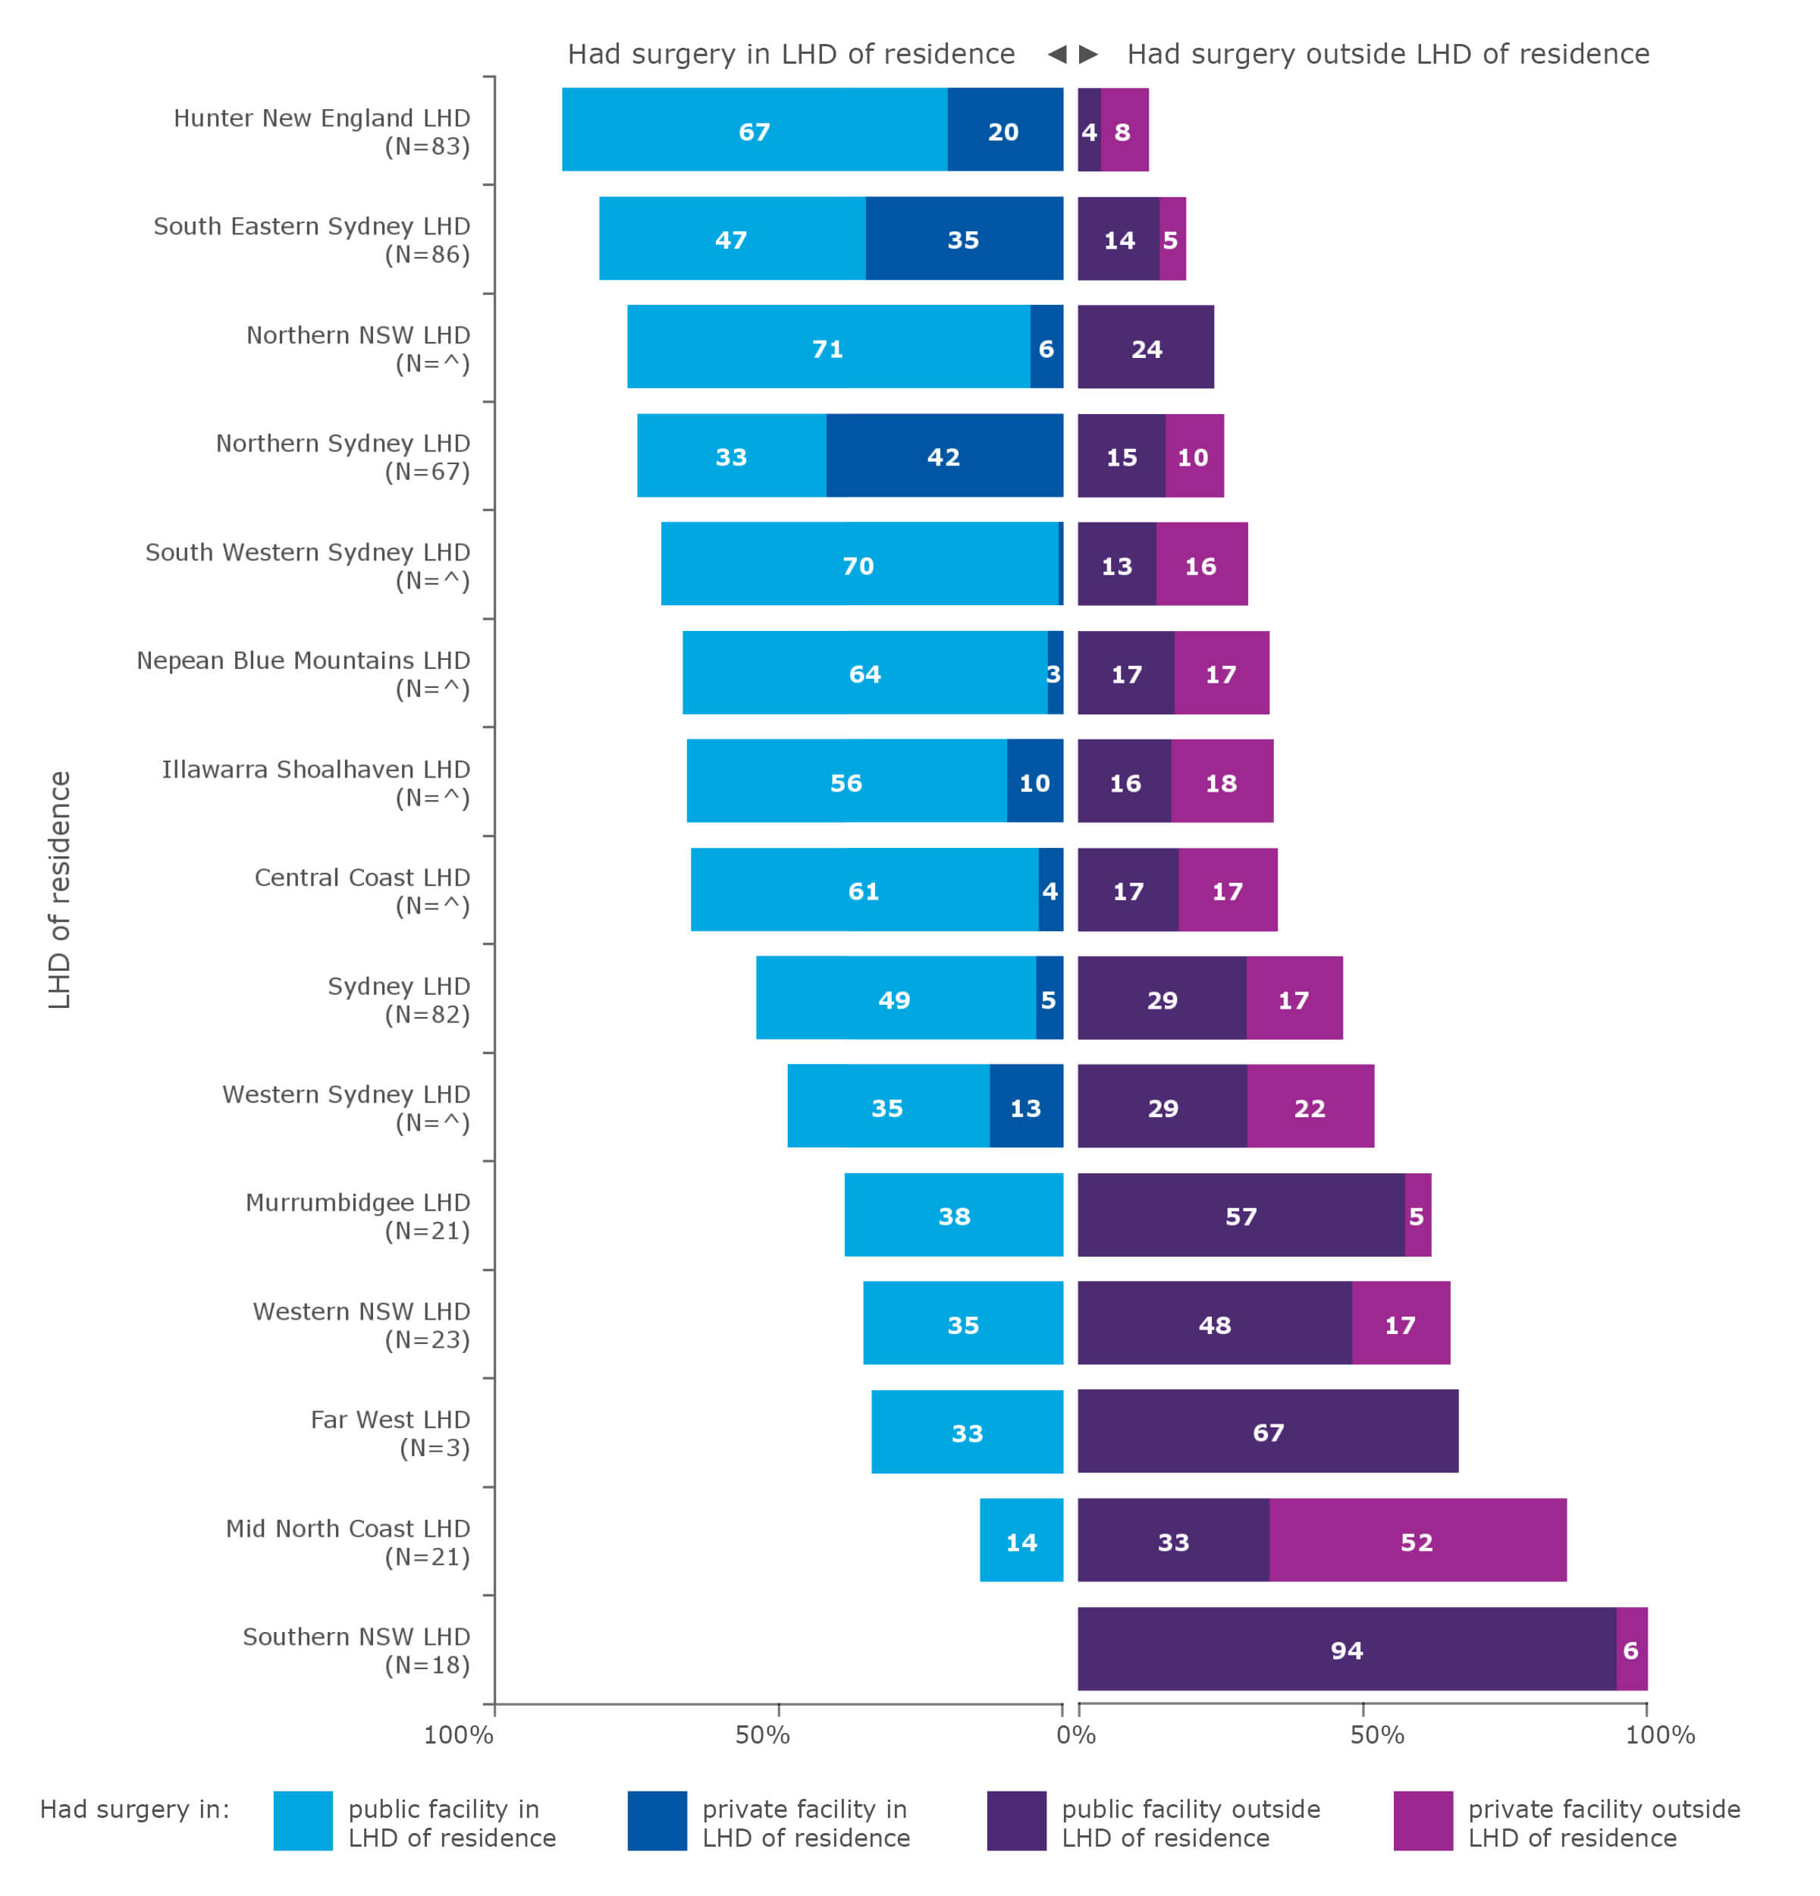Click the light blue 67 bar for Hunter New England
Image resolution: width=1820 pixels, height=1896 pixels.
coord(755,130)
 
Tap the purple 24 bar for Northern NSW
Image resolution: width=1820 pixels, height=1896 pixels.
coord(1145,347)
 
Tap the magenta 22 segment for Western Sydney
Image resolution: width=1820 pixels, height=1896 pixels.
coord(1310,1107)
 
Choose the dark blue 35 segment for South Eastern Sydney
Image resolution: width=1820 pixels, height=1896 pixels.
coord(963,239)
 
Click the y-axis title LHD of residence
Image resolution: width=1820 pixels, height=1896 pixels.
coord(60,890)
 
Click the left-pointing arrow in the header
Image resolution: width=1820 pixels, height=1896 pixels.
coord(1056,54)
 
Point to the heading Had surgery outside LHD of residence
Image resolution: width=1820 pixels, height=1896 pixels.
coord(1388,54)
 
